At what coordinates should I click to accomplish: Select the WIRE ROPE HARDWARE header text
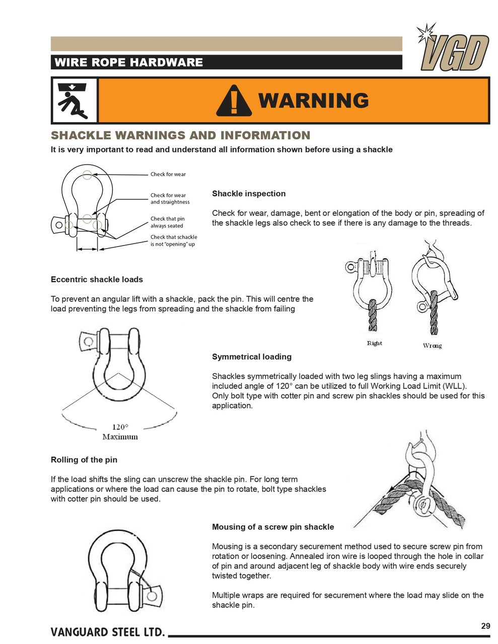[128, 62]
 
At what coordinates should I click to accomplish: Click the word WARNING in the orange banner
[313, 101]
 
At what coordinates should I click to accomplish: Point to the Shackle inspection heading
[248, 194]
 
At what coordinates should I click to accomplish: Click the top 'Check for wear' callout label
[168, 174]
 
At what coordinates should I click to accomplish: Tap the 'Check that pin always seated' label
[167, 222]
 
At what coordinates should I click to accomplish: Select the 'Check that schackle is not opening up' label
[174, 240]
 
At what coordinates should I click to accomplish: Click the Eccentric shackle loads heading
[97, 280]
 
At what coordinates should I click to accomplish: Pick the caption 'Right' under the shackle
[374, 343]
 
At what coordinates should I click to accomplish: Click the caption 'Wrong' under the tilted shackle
[432, 346]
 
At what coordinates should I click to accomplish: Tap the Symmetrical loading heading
[251, 357]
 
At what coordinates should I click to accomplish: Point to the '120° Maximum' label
[120, 432]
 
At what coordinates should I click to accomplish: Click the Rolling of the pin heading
[84, 460]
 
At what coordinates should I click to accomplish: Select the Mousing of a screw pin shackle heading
[273, 527]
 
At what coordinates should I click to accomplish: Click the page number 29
[485, 626]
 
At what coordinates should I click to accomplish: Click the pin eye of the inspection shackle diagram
[59, 225]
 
